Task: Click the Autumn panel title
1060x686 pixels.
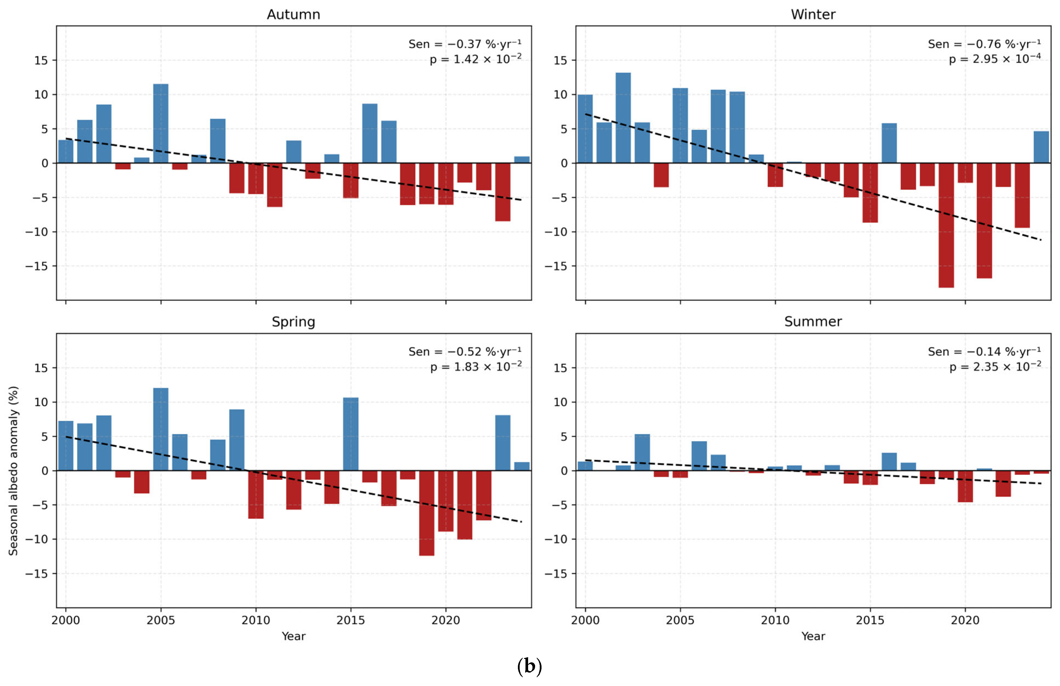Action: [x=293, y=14]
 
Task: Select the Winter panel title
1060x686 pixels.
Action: [x=813, y=14]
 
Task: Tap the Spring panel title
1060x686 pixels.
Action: [x=293, y=322]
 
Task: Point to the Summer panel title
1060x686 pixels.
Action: [x=813, y=322]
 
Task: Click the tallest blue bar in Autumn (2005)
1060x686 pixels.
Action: [x=161, y=123]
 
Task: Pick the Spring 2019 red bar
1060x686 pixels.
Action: [x=427, y=513]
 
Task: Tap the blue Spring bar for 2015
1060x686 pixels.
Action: [x=351, y=434]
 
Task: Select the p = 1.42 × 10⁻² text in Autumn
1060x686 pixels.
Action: [x=476, y=59]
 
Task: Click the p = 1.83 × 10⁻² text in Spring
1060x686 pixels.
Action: [x=476, y=367]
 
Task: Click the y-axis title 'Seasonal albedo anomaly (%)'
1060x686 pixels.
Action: [x=13, y=470]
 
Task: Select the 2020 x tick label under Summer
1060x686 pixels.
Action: [x=965, y=620]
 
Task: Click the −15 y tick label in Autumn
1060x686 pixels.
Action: [x=36, y=266]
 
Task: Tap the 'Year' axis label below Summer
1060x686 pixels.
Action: [x=813, y=636]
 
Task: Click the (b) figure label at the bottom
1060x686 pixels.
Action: [x=530, y=666]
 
